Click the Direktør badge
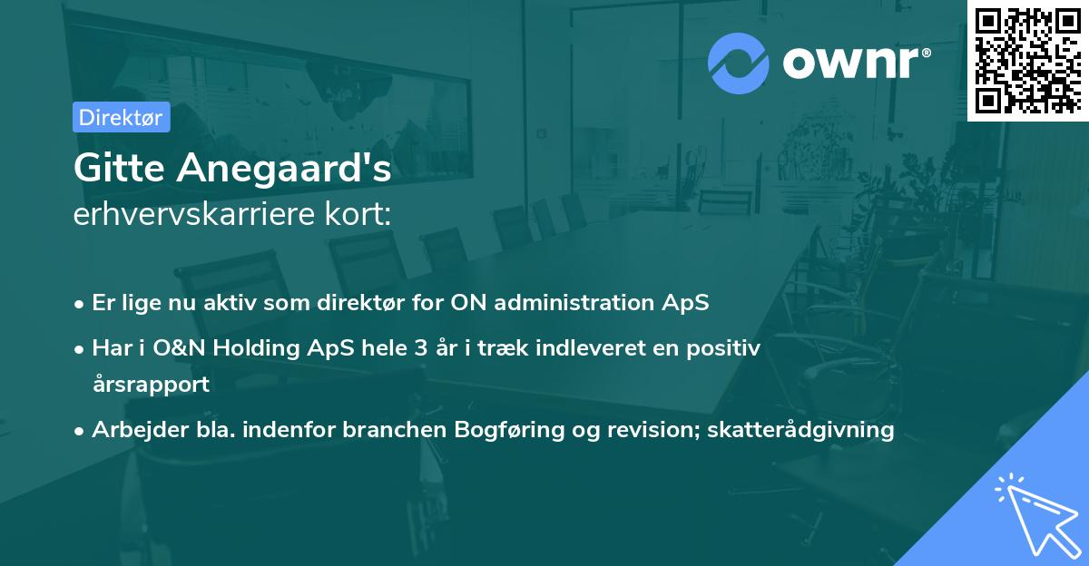click(x=121, y=117)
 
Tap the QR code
click(x=1027, y=61)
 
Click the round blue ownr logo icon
click(x=739, y=63)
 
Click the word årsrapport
click(x=151, y=384)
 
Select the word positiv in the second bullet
click(x=725, y=346)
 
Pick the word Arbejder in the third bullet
click(x=132, y=429)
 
